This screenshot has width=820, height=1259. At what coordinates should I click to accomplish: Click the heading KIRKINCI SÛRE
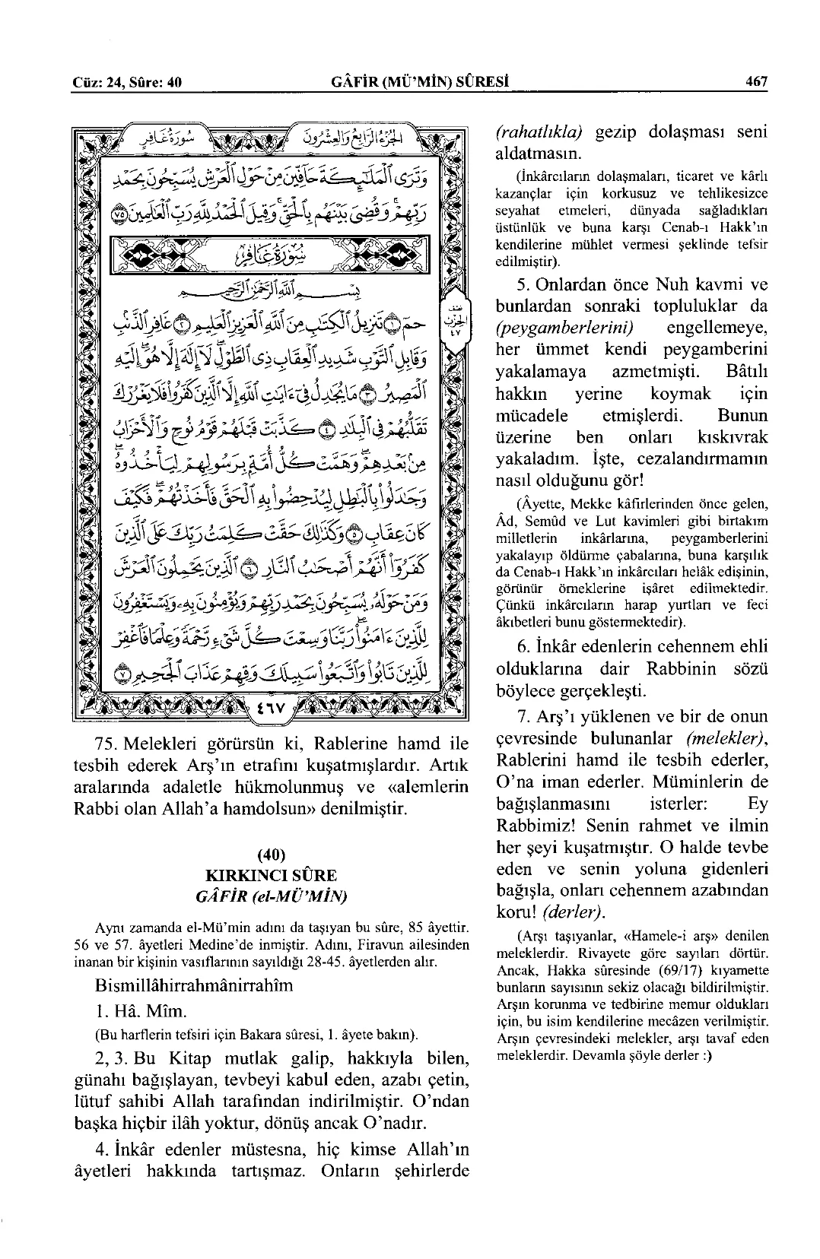coord(272,875)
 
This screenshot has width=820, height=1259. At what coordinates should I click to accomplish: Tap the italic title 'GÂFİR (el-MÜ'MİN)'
coord(272,896)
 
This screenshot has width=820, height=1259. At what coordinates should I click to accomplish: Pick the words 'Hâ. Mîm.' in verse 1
coord(142,1012)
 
